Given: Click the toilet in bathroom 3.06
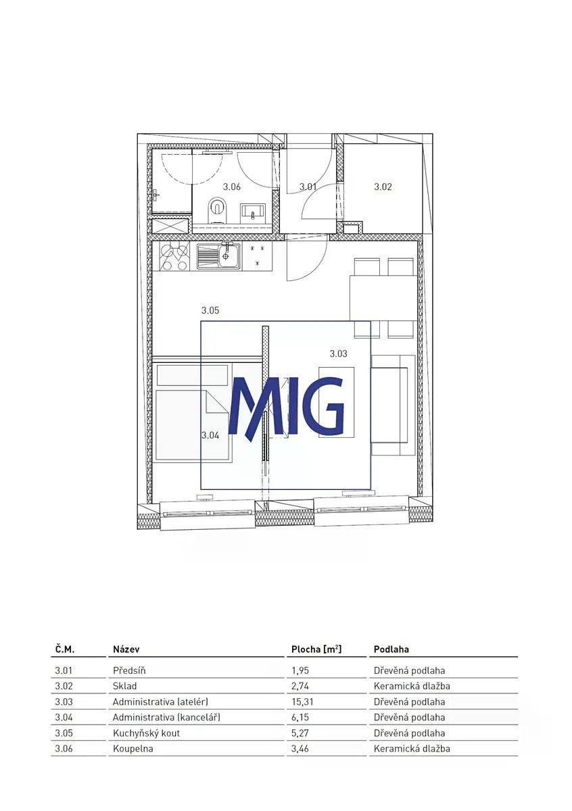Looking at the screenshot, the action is click(x=217, y=210).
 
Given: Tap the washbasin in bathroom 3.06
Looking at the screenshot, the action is click(x=254, y=212).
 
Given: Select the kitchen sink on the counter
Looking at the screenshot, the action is click(x=218, y=257).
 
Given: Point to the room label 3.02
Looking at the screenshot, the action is click(x=383, y=187).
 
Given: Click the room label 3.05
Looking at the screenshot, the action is click(x=210, y=310).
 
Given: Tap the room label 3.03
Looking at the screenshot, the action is click(x=338, y=353).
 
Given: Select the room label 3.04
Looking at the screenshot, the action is click(x=210, y=435).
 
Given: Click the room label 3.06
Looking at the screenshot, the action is click(x=231, y=187).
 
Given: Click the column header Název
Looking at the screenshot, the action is click(x=126, y=649).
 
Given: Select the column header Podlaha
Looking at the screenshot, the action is click(x=391, y=649).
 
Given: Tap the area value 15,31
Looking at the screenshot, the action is click(x=302, y=702).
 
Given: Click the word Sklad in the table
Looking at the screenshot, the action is click(x=124, y=686).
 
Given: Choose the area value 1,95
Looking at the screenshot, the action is click(x=300, y=670).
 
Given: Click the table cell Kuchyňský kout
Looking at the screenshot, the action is click(x=146, y=733).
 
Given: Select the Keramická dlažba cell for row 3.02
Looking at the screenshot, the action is click(x=412, y=686).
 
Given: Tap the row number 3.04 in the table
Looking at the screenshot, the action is click(x=64, y=717).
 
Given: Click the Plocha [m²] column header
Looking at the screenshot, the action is click(x=316, y=649).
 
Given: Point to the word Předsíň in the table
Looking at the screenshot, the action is click(x=129, y=670).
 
